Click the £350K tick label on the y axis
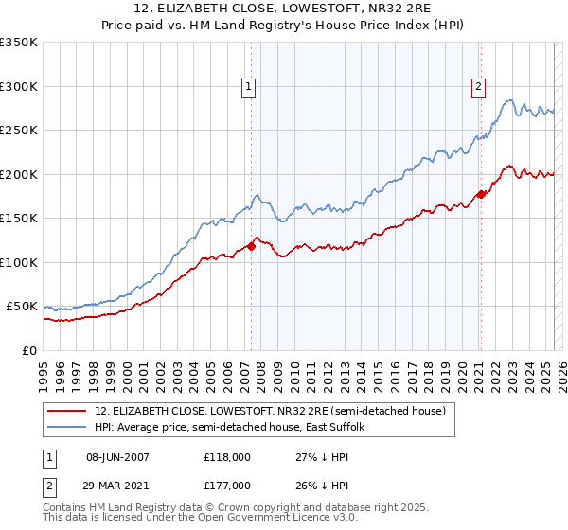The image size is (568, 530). pos(19,43)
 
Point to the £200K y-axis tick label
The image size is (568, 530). pos(19,174)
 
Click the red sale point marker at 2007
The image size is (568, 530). pos(251,247)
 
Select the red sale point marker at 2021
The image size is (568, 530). pos(481,195)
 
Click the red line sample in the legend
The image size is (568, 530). pos(67,411)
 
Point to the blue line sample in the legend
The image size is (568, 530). pos(67,427)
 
